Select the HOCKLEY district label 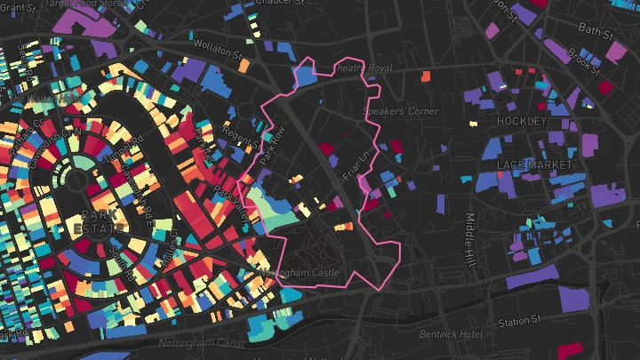521,120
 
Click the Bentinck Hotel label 450,335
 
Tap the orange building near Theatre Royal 425,76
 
